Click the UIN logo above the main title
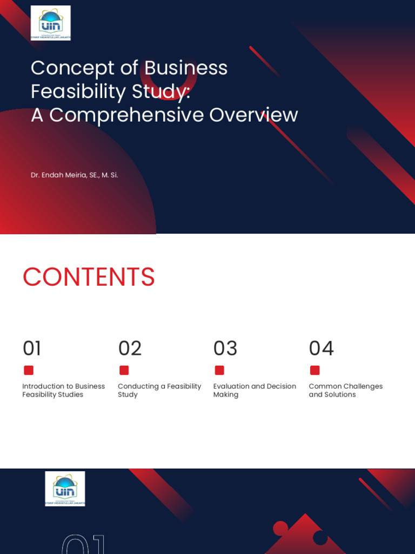pos(50,23)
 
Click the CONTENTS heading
pos(89,277)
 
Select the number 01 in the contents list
pos(32,348)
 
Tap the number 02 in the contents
pos(130,348)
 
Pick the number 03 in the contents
pos(225,348)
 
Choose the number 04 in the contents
pos(321,348)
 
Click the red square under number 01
pos(29,370)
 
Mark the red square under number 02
pos(124,370)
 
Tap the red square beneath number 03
pos(219,370)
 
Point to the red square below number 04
pos(314,370)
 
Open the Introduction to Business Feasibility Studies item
pos(63,390)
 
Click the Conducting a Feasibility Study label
pos(159,390)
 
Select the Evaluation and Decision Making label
pos(255,390)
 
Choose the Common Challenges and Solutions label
pos(345,390)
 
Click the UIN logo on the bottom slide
pos(65,488)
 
